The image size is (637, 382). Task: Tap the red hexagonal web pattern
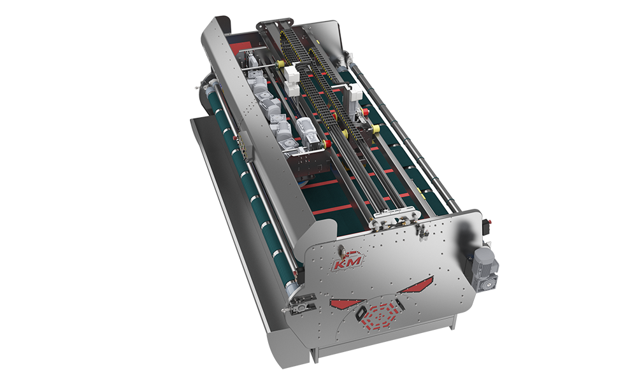[378, 315]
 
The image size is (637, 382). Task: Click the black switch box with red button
[485, 225]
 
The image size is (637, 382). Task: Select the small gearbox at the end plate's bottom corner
[301, 304]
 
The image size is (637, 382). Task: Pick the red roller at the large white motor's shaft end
[325, 143]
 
